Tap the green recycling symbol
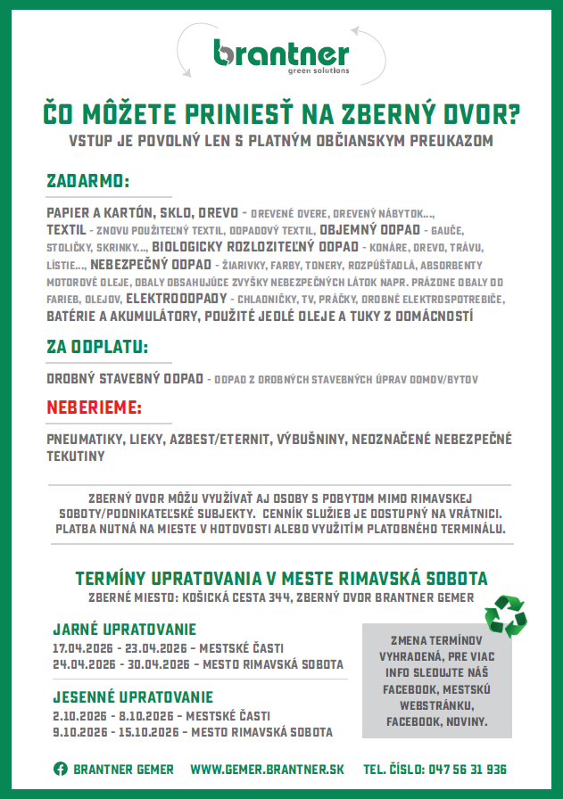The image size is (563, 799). point(505,614)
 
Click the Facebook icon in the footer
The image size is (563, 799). point(61,769)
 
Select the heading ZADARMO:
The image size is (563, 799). point(87,181)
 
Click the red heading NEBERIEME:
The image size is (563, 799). point(94,408)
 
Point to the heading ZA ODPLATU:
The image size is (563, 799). point(96,346)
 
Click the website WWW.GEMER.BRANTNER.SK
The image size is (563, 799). point(267,769)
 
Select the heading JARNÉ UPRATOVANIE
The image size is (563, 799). point(124,630)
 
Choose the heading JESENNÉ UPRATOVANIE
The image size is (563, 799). point(133,696)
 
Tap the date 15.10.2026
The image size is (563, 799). point(149,732)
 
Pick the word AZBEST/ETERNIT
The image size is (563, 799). point(233,440)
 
